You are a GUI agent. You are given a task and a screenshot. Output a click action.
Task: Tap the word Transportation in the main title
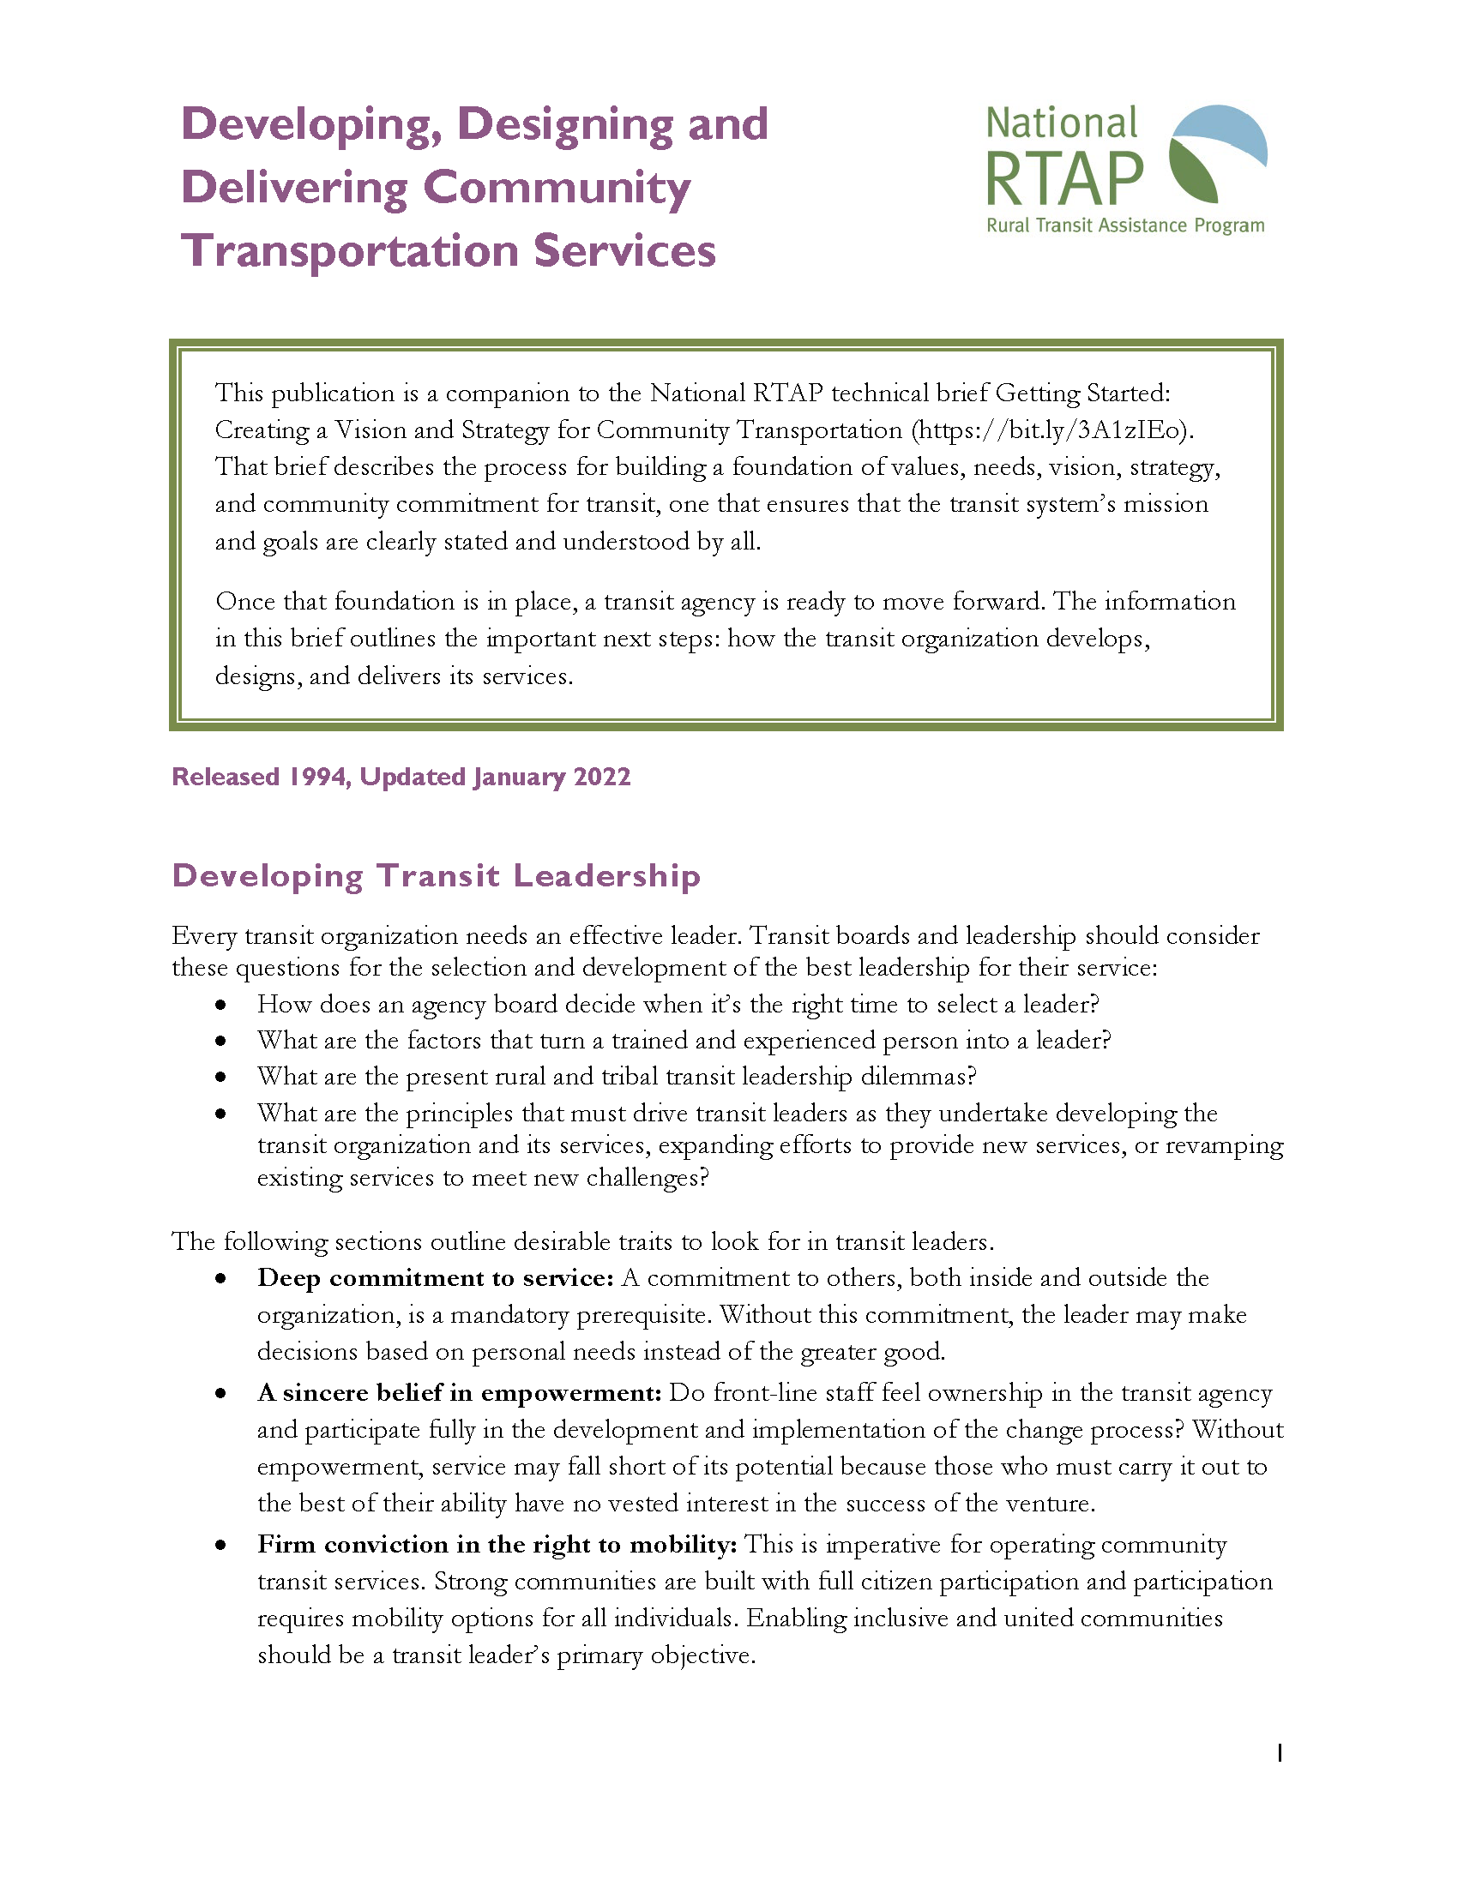(x=349, y=251)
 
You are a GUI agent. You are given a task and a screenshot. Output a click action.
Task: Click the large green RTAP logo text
(x=1064, y=180)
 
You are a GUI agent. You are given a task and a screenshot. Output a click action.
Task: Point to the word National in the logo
(x=1061, y=123)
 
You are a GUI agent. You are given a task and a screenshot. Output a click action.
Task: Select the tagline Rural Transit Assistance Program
(x=1124, y=225)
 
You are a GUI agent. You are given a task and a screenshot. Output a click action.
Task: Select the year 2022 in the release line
(x=602, y=777)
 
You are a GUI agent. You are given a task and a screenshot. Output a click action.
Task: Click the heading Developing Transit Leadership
(x=436, y=875)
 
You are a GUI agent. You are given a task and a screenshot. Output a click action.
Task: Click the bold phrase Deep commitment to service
(x=435, y=1278)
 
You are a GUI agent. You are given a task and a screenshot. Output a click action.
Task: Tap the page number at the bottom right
(x=1280, y=1753)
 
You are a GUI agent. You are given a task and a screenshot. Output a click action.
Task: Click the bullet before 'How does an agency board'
(x=221, y=1006)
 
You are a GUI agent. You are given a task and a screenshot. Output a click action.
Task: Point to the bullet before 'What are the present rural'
(x=221, y=1077)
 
